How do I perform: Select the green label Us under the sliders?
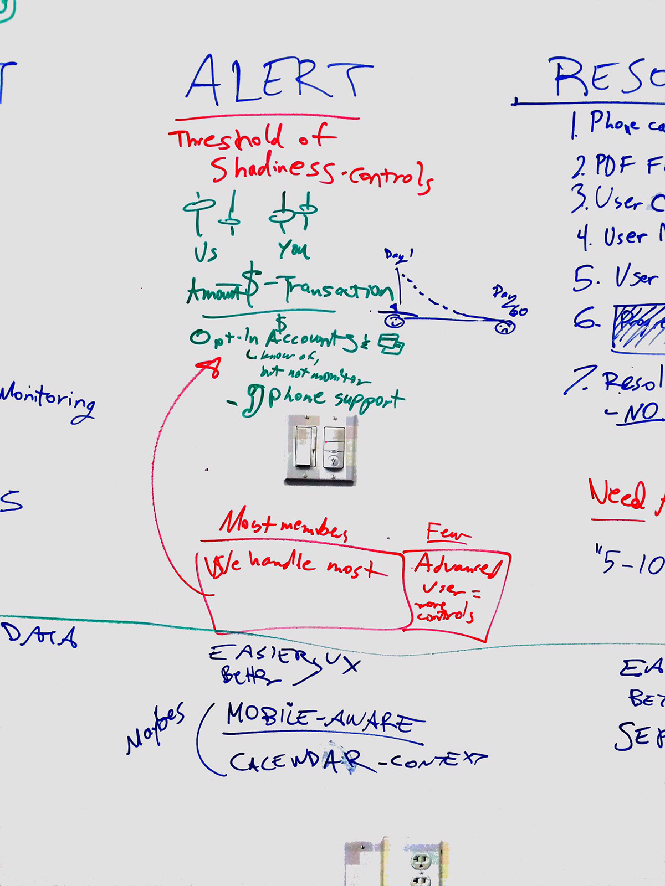click(x=206, y=253)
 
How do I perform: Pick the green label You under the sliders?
click(x=293, y=250)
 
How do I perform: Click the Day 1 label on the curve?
click(x=398, y=255)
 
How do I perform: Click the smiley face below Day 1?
click(x=394, y=321)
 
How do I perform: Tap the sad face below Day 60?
click(x=504, y=327)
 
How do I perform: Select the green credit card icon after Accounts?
click(x=391, y=343)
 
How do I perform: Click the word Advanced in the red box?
click(x=458, y=565)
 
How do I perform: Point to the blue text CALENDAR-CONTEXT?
click(x=357, y=761)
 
